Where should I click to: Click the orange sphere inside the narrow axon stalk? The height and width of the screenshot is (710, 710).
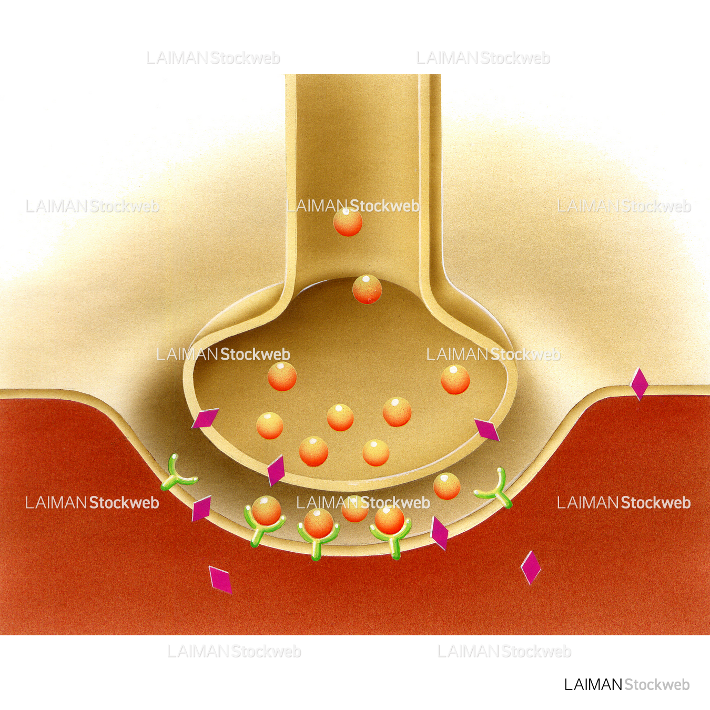coord(348,222)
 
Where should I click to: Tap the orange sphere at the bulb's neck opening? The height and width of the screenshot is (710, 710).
coord(367,289)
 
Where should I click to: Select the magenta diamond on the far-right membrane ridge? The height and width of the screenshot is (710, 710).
coord(639,383)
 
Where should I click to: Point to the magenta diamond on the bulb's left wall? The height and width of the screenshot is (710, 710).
coord(205,419)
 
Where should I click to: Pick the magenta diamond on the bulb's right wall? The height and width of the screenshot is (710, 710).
coord(486,430)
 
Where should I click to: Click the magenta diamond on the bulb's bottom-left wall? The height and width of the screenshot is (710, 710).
coord(276,470)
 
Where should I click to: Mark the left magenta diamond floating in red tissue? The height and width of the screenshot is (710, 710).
coord(220,579)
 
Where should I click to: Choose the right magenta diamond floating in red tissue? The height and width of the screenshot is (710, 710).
coord(531,567)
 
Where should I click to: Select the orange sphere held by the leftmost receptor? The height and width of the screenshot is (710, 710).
coord(266,511)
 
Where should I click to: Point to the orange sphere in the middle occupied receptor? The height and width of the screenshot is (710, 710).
coord(318,523)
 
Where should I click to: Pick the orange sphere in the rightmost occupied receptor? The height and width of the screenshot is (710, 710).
coord(389,519)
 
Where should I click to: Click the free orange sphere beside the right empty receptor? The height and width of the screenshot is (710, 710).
coord(447,486)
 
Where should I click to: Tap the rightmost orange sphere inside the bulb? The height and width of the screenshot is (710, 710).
coord(455,379)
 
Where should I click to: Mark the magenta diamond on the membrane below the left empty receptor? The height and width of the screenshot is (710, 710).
coord(201,508)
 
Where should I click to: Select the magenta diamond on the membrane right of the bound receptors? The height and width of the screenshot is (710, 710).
coord(439,533)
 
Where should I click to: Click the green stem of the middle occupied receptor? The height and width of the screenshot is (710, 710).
coord(316,550)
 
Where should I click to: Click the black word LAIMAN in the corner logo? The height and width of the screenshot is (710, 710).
coord(593,685)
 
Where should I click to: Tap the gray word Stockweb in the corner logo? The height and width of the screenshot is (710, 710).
coord(657,685)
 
